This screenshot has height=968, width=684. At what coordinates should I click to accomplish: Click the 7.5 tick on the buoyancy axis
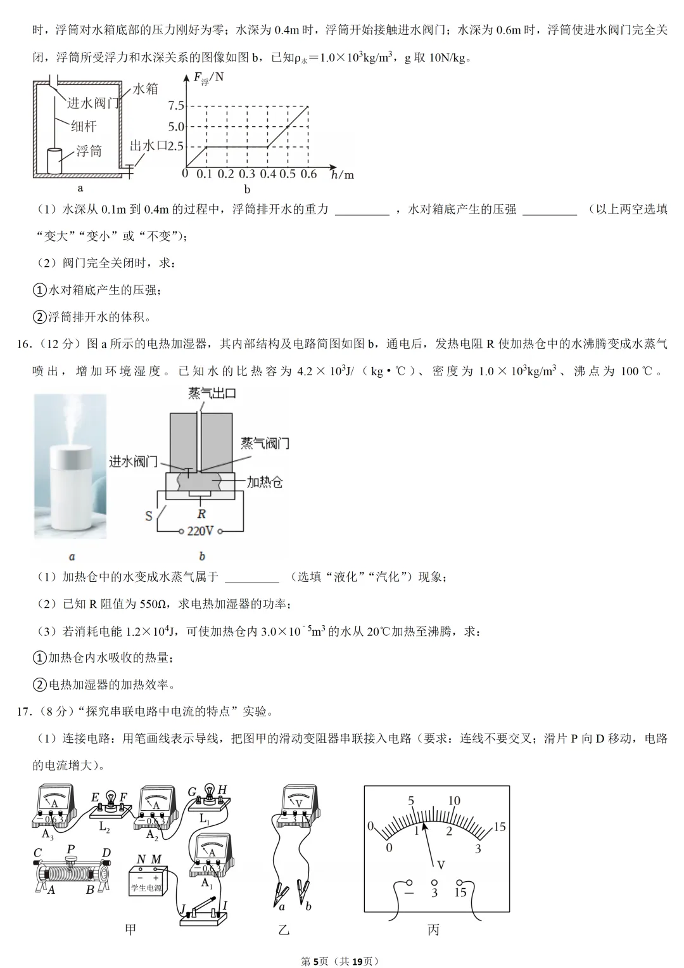[x=176, y=106]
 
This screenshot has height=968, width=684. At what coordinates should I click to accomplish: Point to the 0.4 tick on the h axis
[x=268, y=174]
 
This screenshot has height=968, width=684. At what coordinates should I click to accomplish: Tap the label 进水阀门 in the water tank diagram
[x=93, y=103]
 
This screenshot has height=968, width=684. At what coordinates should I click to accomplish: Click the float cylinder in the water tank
[x=56, y=160]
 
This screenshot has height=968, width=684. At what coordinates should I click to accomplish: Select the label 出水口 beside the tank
[x=148, y=146]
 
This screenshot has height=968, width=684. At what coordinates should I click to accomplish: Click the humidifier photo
[x=70, y=466]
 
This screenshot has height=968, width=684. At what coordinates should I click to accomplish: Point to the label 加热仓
[x=264, y=482]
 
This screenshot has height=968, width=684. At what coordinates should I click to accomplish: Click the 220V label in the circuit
[x=200, y=531]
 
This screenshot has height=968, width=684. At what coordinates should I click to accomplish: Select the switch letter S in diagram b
[x=149, y=515]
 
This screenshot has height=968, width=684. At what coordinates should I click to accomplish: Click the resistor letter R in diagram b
[x=201, y=514]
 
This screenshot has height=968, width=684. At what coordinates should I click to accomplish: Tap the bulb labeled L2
[x=111, y=802]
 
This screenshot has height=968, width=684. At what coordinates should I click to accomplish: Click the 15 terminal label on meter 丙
[x=460, y=892]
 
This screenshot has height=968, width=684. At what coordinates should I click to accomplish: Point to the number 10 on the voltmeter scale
[x=454, y=801]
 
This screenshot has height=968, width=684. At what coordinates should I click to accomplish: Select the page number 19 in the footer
[x=357, y=961]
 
